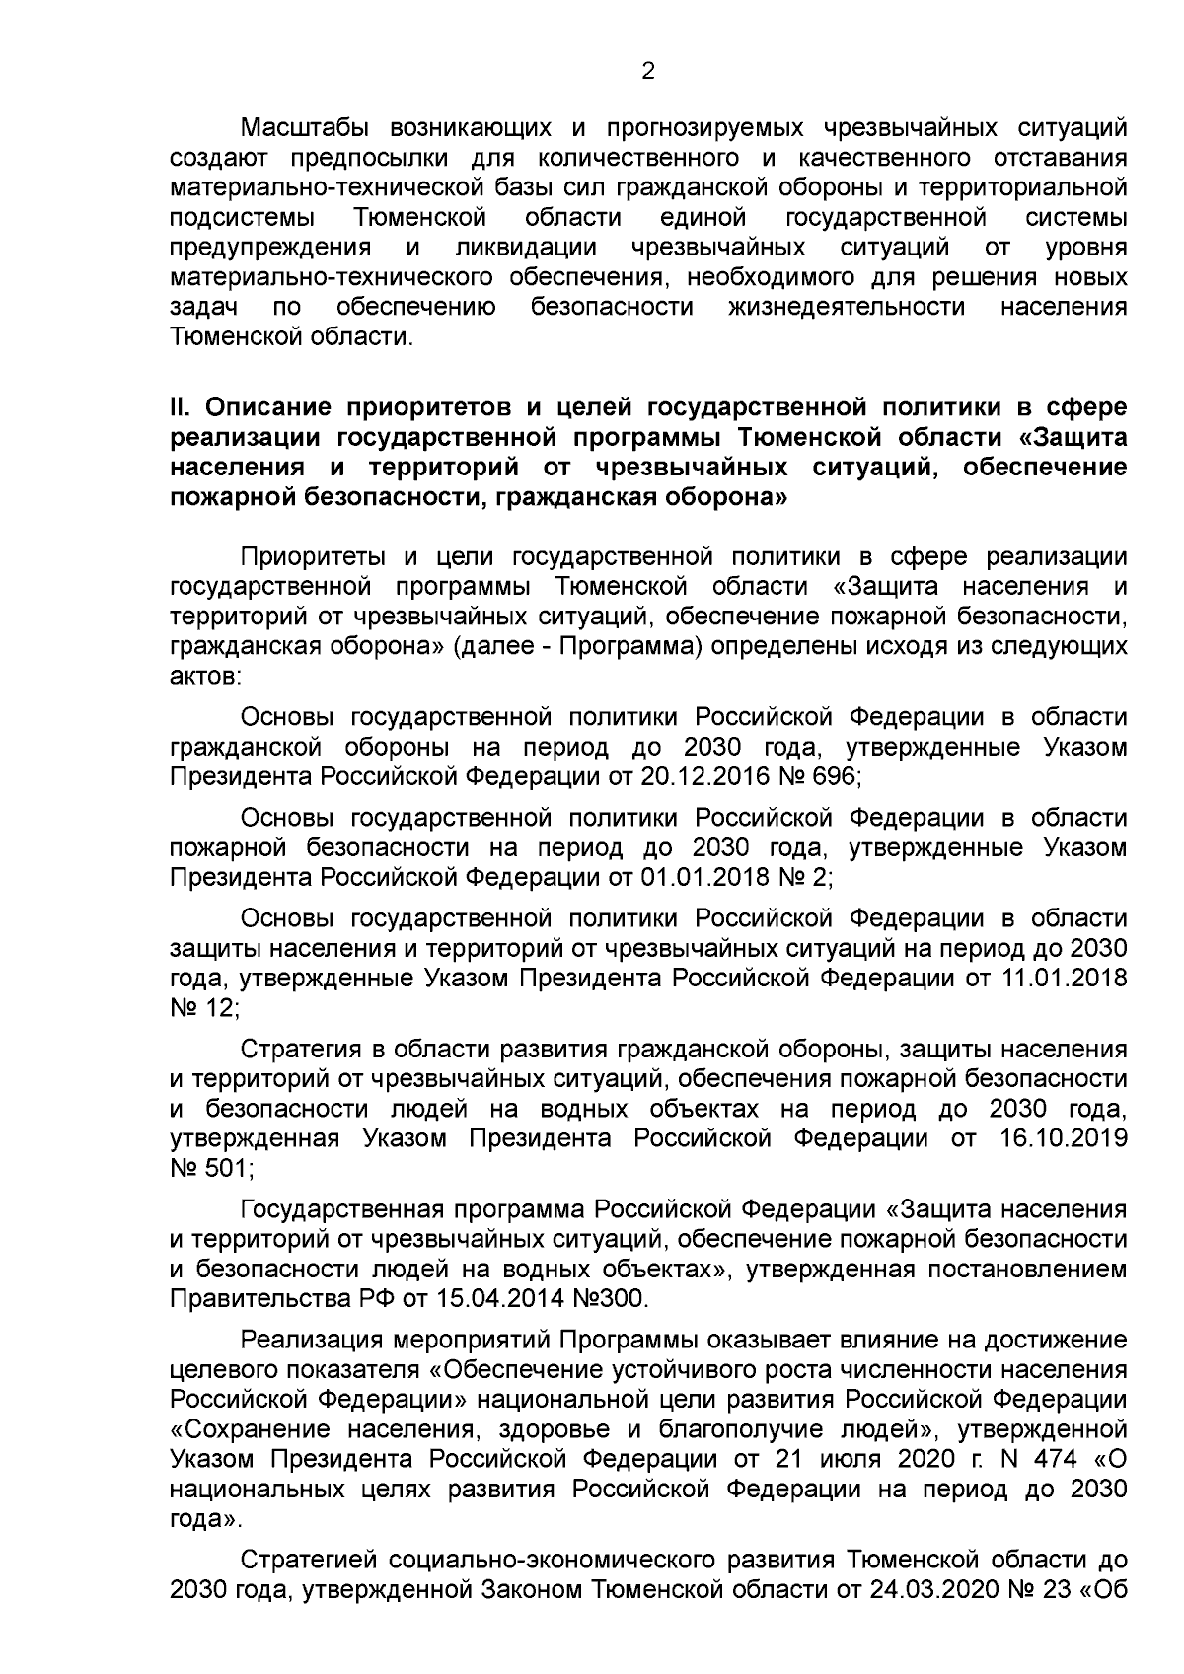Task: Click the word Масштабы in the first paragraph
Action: coord(299,128)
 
